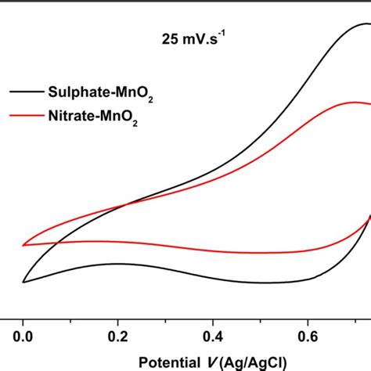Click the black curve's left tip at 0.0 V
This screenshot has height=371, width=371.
pos(24,282)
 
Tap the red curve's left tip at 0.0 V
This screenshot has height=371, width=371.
pos(24,244)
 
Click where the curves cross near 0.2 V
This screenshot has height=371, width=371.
pos(125,207)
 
